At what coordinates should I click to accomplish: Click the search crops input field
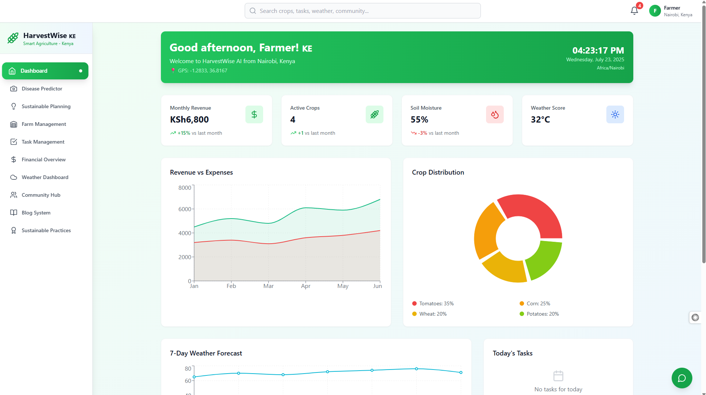tap(362, 11)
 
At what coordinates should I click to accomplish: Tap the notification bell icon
tap(634, 11)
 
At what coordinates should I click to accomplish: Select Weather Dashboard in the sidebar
tap(45, 177)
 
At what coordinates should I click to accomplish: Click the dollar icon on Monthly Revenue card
tap(254, 114)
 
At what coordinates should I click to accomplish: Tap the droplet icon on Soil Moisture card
tap(495, 114)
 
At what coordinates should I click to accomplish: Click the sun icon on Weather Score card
tap(615, 114)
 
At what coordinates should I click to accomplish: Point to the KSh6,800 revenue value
tap(189, 120)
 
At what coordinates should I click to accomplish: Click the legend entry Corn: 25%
tap(535, 303)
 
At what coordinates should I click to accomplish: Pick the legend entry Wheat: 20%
tap(429, 314)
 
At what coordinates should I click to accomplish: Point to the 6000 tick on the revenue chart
tap(185, 209)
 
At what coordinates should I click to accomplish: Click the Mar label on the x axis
tap(268, 286)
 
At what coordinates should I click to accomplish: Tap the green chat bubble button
tap(682, 378)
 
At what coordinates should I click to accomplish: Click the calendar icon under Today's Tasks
tap(558, 376)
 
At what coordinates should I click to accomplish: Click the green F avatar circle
tap(655, 11)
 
